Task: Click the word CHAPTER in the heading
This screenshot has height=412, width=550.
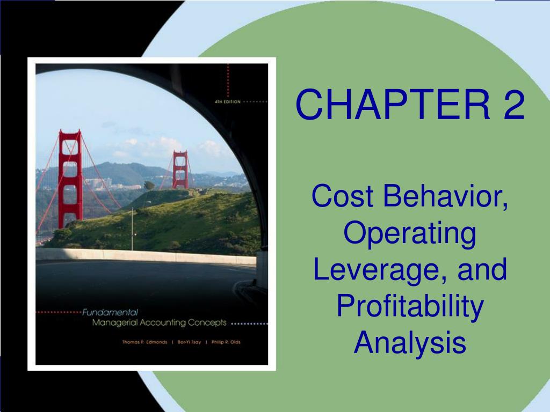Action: pyautogui.click(x=393, y=105)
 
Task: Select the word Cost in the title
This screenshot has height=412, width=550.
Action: pyautogui.click(x=342, y=195)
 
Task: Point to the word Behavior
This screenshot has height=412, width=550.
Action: pyautogui.click(x=445, y=196)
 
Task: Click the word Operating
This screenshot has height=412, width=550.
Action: pyautogui.click(x=410, y=234)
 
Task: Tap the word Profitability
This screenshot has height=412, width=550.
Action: pyautogui.click(x=410, y=306)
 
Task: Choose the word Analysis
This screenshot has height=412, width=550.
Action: pyautogui.click(x=410, y=342)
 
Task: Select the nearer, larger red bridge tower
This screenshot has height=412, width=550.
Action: pyautogui.click(x=70, y=178)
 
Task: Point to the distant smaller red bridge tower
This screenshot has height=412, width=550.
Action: pyautogui.click(x=180, y=170)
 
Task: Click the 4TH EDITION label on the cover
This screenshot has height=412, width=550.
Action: pyautogui.click(x=228, y=101)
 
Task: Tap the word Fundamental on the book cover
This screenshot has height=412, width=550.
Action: pyautogui.click(x=110, y=312)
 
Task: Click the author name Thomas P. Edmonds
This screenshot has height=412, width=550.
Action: pyautogui.click(x=144, y=342)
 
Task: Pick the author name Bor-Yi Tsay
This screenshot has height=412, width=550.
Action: pyautogui.click(x=190, y=342)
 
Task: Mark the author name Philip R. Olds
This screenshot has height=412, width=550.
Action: pyautogui.click(x=226, y=342)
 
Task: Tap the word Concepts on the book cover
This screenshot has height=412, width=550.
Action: pyautogui.click(x=207, y=322)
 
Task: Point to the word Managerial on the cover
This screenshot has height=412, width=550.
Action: pyautogui.click(x=115, y=322)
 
